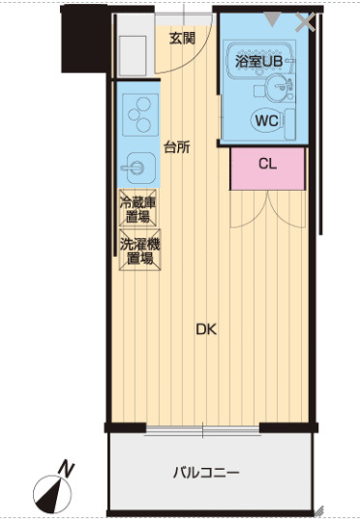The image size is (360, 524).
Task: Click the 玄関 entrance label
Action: click(182, 39)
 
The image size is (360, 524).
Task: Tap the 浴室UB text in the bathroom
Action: click(256, 60)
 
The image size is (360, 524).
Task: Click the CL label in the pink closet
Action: click(268, 164)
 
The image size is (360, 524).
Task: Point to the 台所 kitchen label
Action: click(176, 147)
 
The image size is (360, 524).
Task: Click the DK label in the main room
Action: click(205, 329)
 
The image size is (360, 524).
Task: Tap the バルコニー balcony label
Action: click(206, 473)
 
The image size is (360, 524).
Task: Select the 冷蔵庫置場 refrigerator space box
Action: click(138, 209)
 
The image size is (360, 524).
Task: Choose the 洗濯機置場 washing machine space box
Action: click(138, 251)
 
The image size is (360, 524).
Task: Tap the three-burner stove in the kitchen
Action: click(138, 114)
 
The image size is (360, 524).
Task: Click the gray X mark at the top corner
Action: click(306, 21)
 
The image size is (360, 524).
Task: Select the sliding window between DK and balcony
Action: click(203, 427)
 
